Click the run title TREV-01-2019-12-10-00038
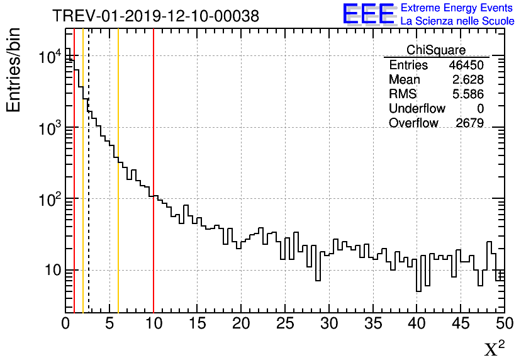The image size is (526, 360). click(155, 16)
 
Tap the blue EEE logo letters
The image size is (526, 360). click(369, 14)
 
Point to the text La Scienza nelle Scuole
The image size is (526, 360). click(457, 21)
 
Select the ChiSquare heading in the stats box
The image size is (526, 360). click(436, 50)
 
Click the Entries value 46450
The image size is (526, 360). click(466, 65)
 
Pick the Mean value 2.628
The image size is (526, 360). click(469, 80)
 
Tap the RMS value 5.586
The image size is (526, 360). click(469, 94)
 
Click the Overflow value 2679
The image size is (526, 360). click(469, 123)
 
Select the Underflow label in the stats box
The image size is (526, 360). click(417, 109)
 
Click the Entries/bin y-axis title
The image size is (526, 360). click(14, 70)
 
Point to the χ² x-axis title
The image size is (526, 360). click(494, 348)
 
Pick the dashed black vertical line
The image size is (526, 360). click(89, 220)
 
